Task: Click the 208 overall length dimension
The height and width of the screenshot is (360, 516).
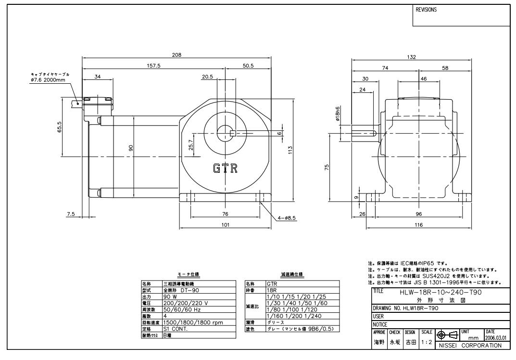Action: tap(177, 55)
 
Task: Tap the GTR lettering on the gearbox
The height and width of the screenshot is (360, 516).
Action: tap(225, 169)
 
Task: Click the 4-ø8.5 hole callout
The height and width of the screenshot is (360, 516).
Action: tap(288, 218)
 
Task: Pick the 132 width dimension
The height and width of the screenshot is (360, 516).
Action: tap(412, 57)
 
